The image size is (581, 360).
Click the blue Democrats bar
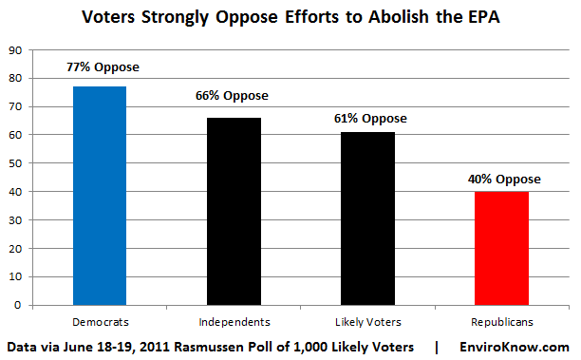point(99,196)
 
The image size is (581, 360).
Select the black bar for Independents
point(234,211)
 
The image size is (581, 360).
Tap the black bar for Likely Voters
point(367,218)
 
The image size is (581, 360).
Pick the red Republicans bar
point(502,248)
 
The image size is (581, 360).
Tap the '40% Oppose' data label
point(503,178)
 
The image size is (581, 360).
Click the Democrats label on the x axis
point(99,321)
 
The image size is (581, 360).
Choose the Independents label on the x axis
point(234,321)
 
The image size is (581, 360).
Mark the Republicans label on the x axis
point(502,321)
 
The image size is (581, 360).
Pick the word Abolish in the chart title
point(381,17)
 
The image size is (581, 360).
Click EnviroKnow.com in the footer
point(516,347)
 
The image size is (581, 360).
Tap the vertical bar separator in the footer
point(436,347)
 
